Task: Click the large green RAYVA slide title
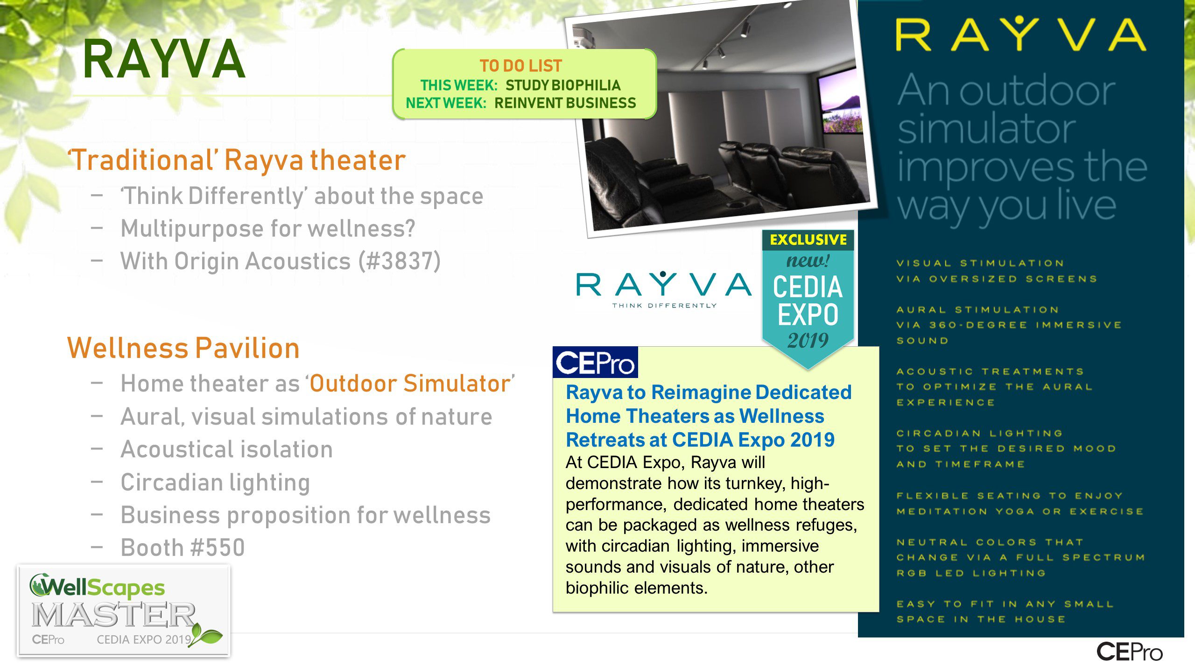tap(164, 59)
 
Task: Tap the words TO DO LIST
tap(520, 66)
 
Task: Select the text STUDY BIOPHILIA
tap(563, 85)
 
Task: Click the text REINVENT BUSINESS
tap(565, 103)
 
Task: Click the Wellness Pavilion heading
tap(183, 348)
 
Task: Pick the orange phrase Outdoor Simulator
tap(410, 384)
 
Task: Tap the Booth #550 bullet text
tap(183, 547)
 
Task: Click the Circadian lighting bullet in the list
tap(215, 483)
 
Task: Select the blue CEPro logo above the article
tap(595, 362)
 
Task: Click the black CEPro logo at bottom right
tap(1129, 652)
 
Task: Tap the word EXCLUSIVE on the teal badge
tap(808, 240)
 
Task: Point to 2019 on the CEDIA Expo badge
tap(808, 340)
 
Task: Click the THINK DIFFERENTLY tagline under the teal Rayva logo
tap(664, 306)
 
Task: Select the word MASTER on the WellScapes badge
tap(113, 615)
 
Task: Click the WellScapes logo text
tap(97, 587)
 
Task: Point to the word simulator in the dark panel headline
tap(986, 129)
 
